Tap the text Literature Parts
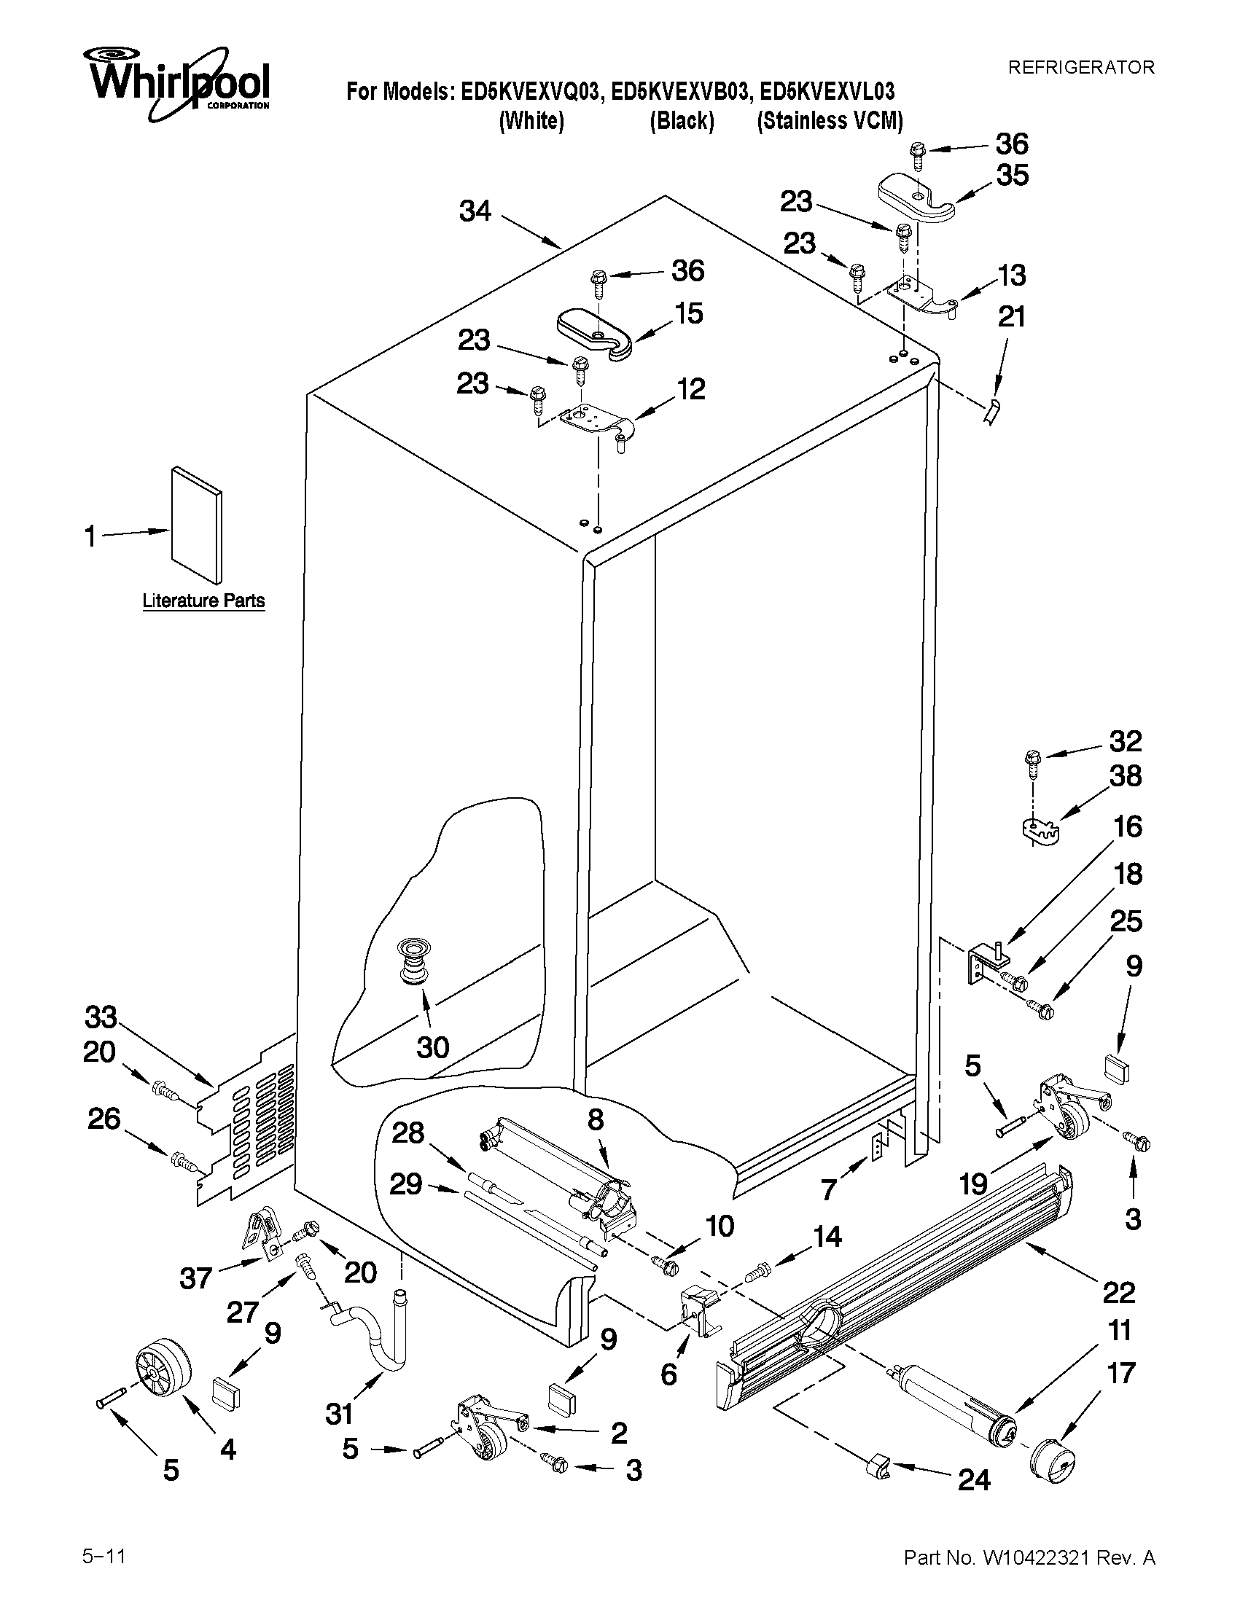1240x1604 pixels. pyautogui.click(x=203, y=600)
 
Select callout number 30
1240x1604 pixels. pyautogui.click(x=433, y=1047)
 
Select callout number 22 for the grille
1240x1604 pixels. pyautogui.click(x=1119, y=1291)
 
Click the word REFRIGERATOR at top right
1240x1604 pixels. pyautogui.click(x=1080, y=68)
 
